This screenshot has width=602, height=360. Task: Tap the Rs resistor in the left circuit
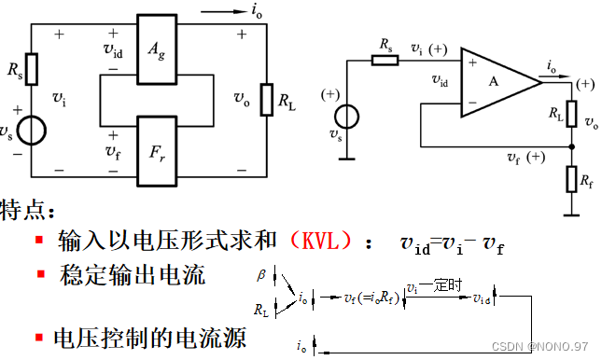pos(32,67)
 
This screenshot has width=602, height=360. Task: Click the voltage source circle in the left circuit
pos(32,130)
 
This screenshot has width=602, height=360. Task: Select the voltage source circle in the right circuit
pos(348,117)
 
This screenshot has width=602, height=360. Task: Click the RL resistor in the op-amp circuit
pos(570,112)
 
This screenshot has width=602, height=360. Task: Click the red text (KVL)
pos(320,241)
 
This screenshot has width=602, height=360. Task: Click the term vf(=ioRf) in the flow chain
pos(371,298)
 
